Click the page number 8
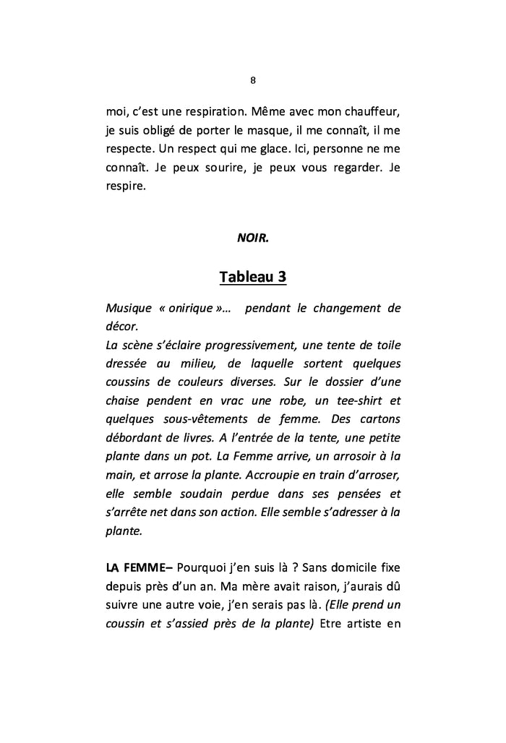[252, 80]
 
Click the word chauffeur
[368, 113]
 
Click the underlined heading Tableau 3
[252, 277]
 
